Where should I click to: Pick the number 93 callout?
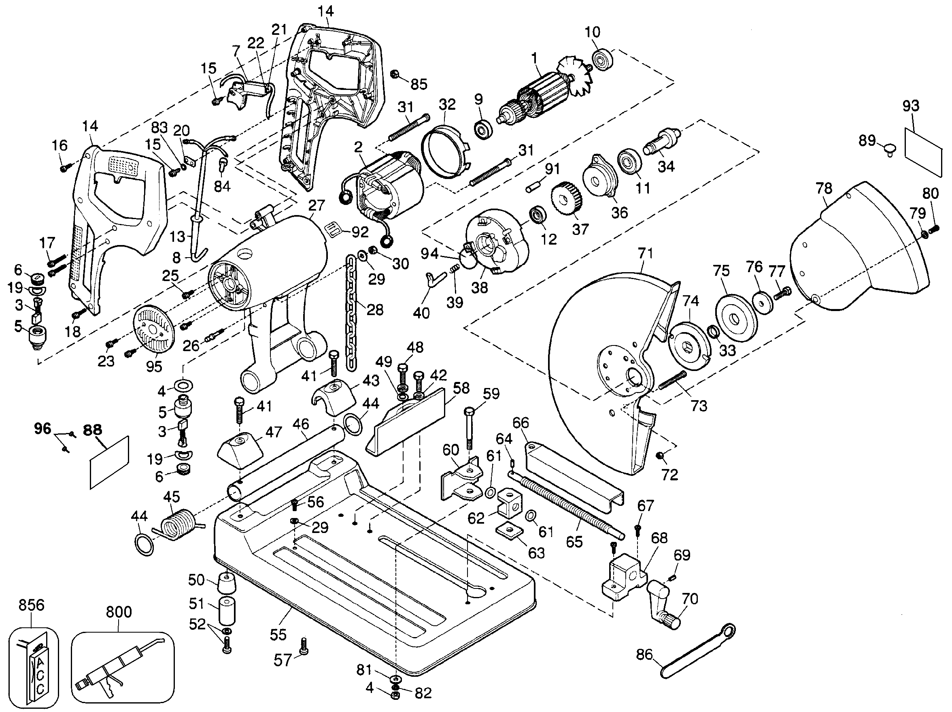(911, 106)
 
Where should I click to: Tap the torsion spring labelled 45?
(177, 524)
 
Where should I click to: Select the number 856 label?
(31, 605)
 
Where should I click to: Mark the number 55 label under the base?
(278, 635)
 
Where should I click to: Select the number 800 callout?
(119, 612)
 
